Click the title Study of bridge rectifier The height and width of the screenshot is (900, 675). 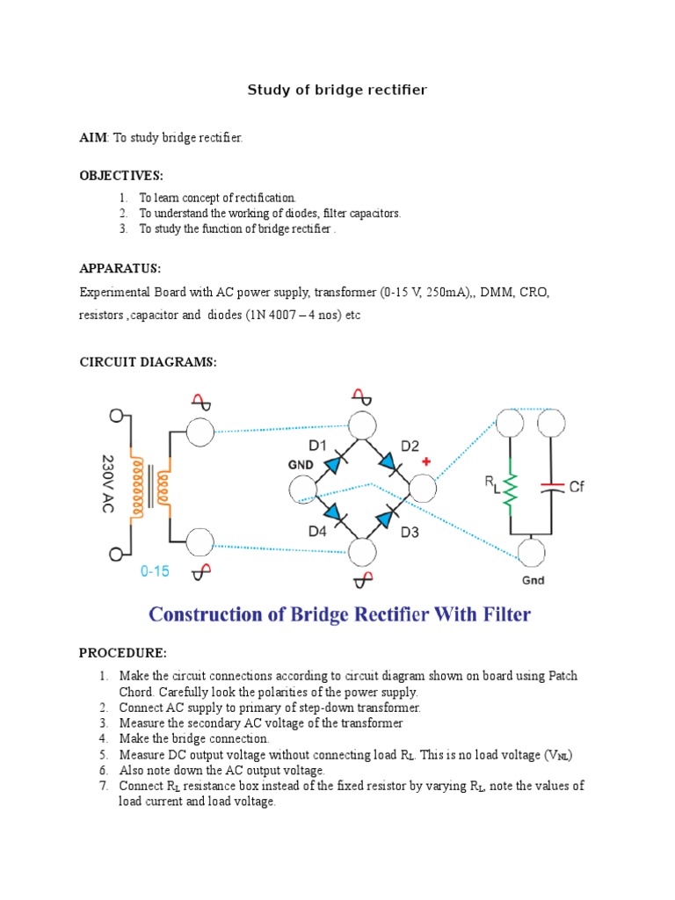tap(337, 91)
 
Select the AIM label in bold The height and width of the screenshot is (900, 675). tap(92, 138)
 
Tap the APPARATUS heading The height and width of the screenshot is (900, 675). tap(120, 268)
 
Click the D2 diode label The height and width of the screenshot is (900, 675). tap(411, 446)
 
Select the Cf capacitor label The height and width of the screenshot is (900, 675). tap(577, 486)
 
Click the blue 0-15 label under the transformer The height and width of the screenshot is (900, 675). tap(155, 571)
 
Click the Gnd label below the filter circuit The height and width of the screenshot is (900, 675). tap(533, 581)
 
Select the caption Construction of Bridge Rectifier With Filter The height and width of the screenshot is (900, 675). tap(339, 613)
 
